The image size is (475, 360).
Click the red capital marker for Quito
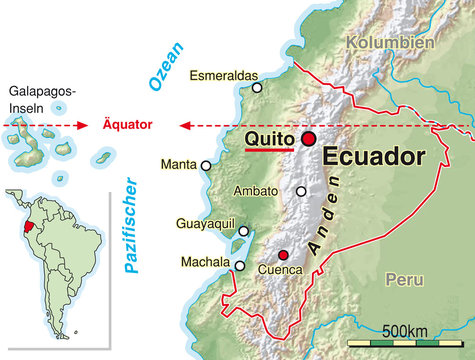(x=308, y=139)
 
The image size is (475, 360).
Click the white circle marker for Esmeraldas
(x=257, y=88)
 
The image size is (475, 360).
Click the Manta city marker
(x=206, y=166)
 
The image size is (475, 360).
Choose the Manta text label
(x=178, y=166)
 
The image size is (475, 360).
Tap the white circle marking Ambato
(x=301, y=191)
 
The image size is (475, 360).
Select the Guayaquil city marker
(x=243, y=231)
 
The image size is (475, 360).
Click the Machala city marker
(x=240, y=265)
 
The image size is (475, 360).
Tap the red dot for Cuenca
(x=283, y=254)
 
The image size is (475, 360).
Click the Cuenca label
(x=279, y=270)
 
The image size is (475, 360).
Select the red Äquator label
(x=128, y=125)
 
